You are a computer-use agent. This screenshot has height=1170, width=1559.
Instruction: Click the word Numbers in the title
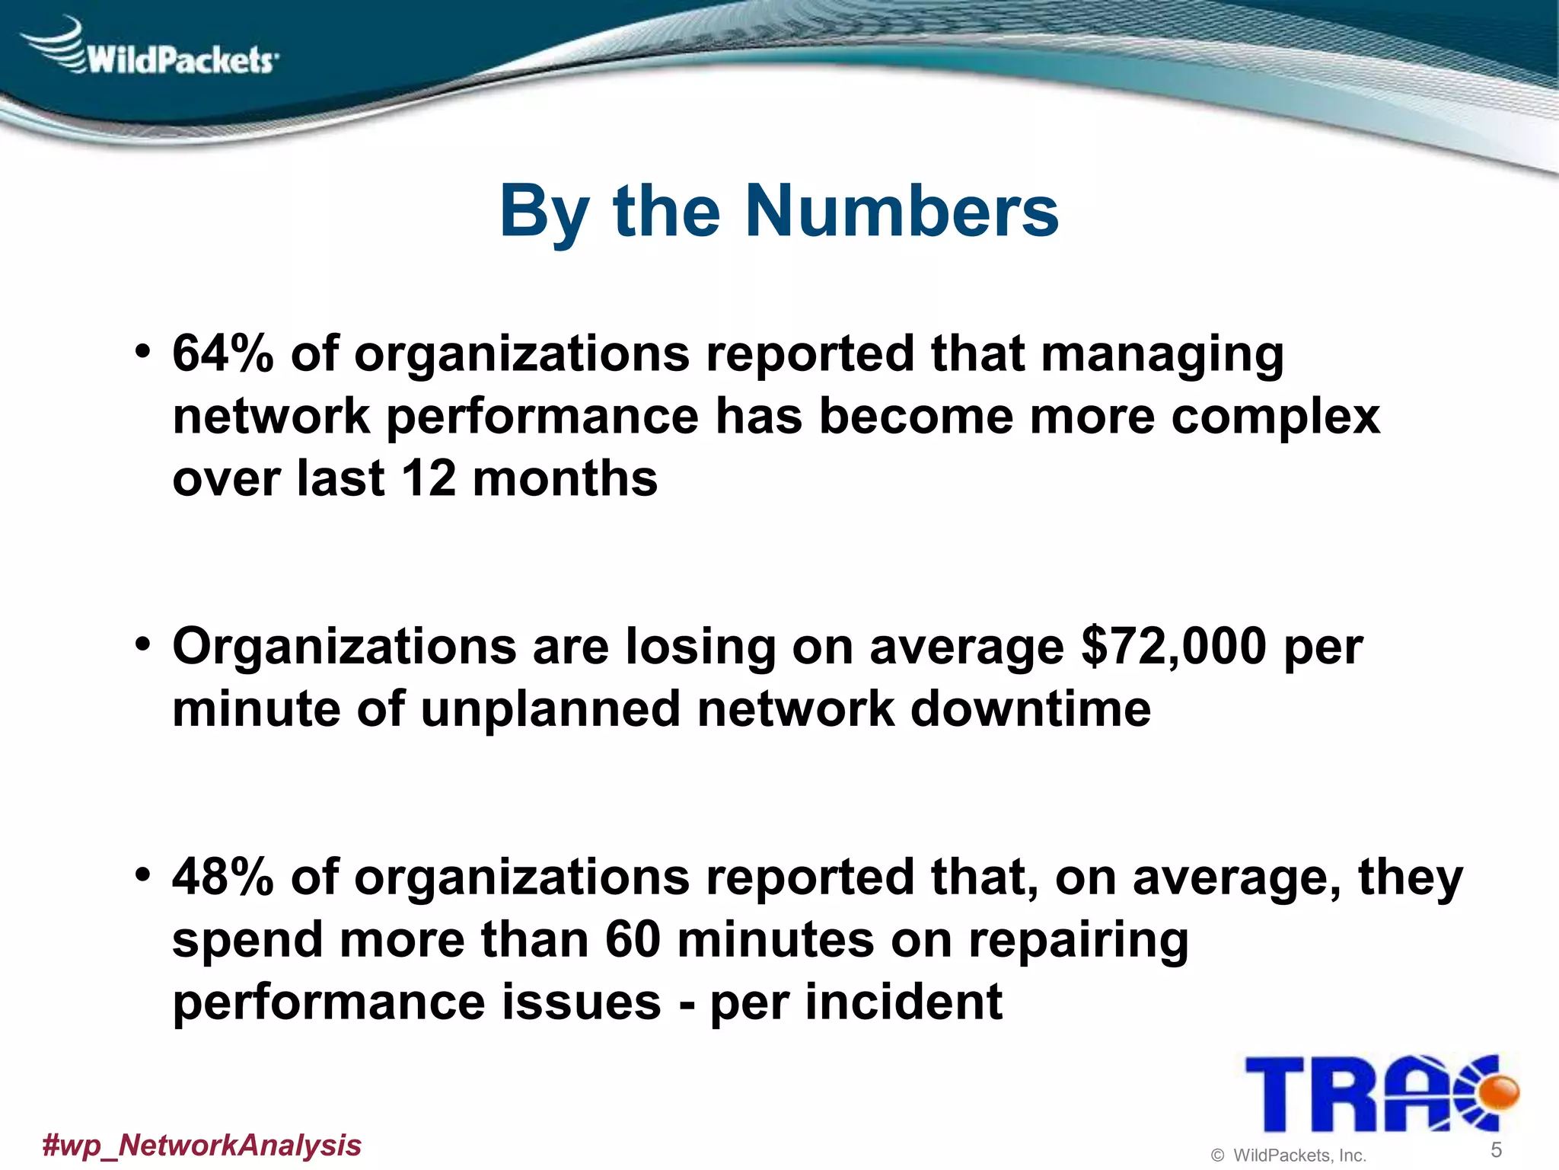902,212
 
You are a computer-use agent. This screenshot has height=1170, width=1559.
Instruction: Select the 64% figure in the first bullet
222,354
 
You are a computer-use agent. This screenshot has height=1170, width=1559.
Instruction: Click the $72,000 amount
1173,647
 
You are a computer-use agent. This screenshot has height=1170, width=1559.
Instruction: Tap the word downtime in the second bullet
1030,709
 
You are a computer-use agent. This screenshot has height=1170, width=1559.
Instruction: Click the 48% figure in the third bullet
222,877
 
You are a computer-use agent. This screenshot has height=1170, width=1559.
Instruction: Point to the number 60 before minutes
633,939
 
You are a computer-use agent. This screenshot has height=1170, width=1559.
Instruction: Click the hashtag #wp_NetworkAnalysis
202,1145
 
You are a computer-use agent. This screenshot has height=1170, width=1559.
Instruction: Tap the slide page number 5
1496,1149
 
